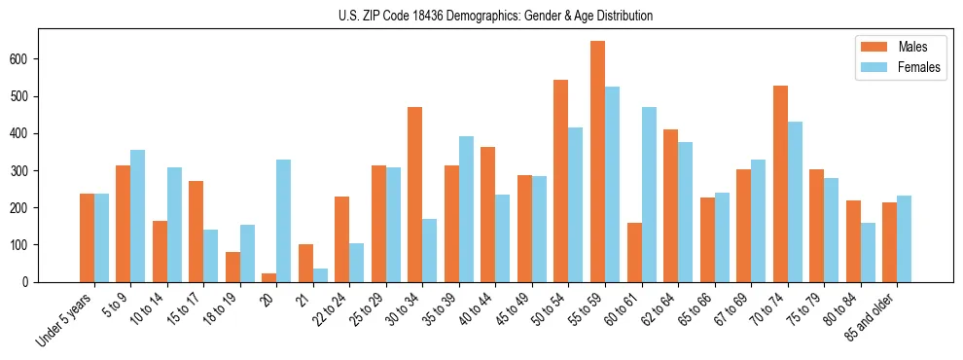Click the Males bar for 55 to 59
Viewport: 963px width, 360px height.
[597, 162]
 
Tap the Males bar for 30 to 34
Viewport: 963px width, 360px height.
[415, 195]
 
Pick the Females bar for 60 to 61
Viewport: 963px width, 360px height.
[649, 195]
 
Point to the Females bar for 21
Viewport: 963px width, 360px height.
[320, 275]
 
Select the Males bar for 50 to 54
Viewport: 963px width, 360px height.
[561, 181]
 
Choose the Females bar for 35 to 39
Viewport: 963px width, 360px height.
[466, 209]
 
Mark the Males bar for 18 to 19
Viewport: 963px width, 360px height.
[232, 267]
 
